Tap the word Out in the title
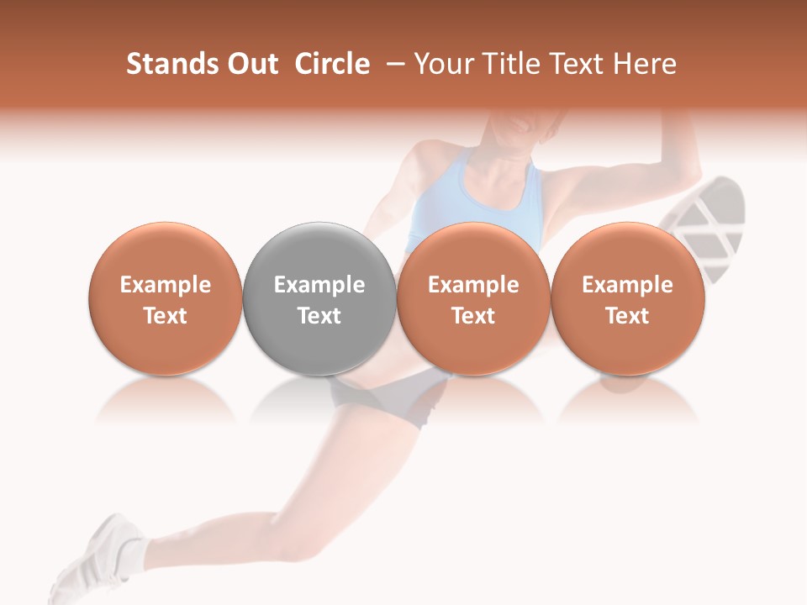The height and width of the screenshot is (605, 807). (252, 64)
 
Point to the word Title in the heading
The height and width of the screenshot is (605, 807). (514, 64)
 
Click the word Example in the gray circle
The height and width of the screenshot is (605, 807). (319, 285)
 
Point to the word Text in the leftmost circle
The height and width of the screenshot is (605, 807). (166, 316)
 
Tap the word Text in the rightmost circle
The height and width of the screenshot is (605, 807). (627, 316)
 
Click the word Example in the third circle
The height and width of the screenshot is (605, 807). (473, 285)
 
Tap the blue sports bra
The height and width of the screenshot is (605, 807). (475, 197)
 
